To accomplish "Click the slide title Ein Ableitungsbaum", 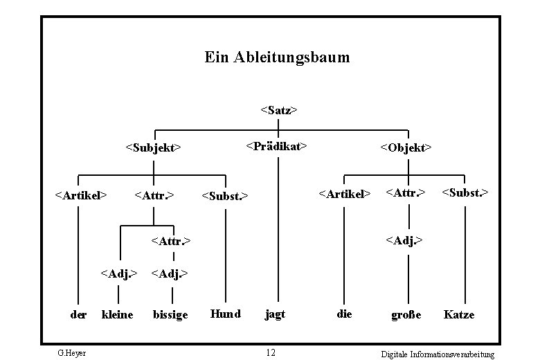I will click(x=277, y=57).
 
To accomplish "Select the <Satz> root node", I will click(x=278, y=109).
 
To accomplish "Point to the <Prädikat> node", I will click(x=276, y=146).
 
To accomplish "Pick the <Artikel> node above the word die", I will click(x=344, y=194).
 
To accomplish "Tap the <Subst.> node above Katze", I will click(x=465, y=192).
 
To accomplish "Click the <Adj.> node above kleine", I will click(x=119, y=273).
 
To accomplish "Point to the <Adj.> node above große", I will click(x=405, y=241).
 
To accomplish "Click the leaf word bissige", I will click(x=170, y=315).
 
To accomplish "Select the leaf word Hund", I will click(x=225, y=314).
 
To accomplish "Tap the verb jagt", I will click(x=275, y=314).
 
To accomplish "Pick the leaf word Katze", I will click(x=459, y=314).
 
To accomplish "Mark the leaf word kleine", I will click(x=117, y=315).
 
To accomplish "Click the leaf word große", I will click(x=406, y=315).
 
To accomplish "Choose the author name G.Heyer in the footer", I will click(x=72, y=353).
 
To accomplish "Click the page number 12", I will click(x=271, y=353).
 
